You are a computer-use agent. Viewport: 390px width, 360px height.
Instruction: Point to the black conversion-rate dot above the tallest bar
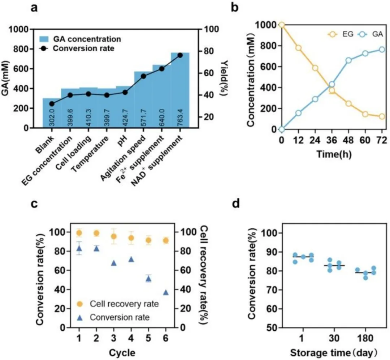(180, 55)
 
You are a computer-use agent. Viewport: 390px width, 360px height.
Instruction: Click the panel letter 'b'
(235, 7)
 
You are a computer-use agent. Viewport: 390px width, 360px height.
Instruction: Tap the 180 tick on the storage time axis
(365, 339)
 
